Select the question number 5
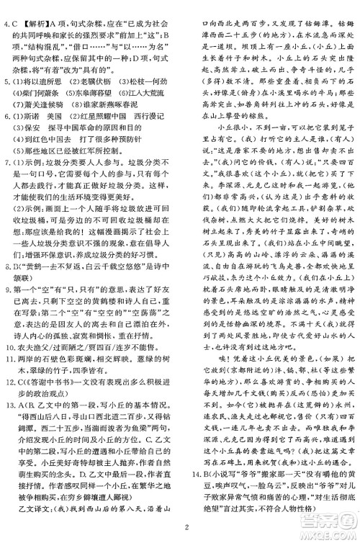click(6, 82)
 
